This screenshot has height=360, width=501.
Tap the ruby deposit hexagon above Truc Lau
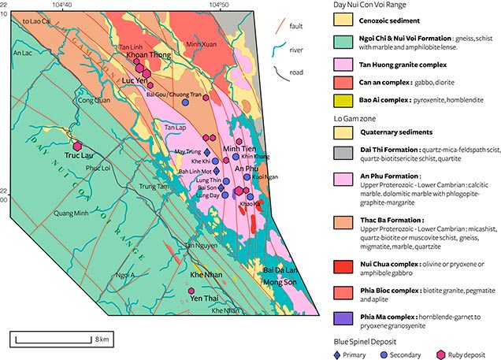(x=77, y=146)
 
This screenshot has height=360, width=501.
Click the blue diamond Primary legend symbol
(x=340, y=354)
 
